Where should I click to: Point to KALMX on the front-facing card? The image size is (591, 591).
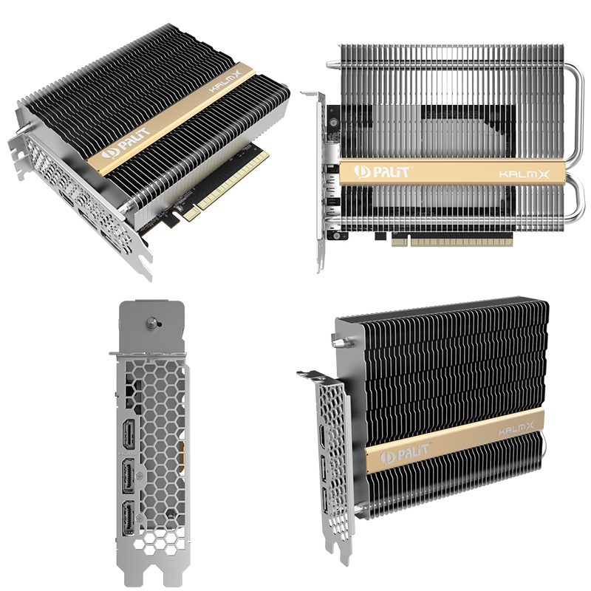pyautogui.click(x=530, y=174)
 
